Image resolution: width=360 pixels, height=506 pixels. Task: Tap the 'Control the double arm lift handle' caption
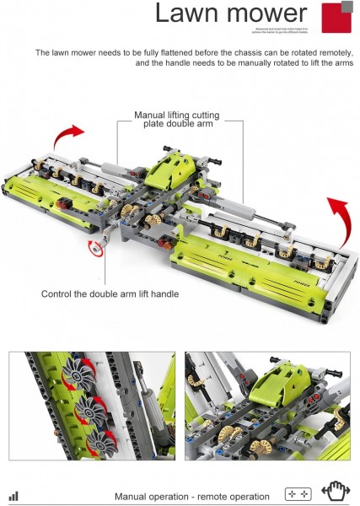pos(109,294)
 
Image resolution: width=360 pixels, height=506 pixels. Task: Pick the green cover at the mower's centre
pos(174,165)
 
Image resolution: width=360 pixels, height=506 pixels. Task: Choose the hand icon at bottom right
pos(336,493)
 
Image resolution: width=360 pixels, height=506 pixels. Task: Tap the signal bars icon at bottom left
pos(13,496)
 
